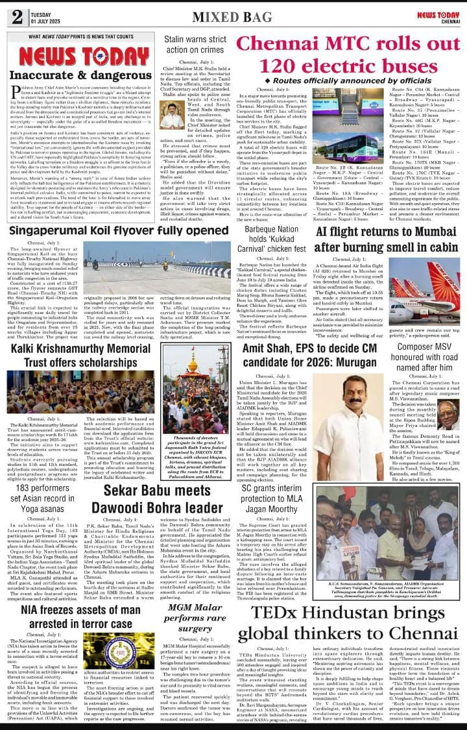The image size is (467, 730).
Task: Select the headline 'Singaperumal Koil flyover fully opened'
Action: [120, 230]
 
